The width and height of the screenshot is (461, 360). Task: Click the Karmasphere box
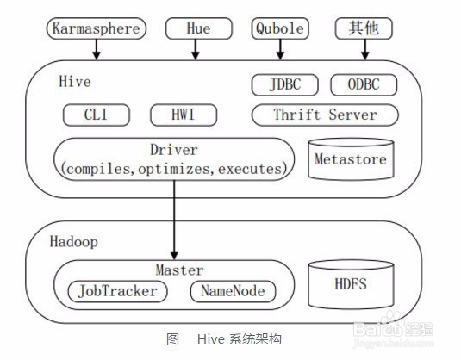point(97,28)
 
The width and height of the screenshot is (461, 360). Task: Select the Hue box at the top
point(199,28)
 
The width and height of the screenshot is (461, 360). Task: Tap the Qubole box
point(280,28)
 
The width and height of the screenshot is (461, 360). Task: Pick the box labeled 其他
point(364,28)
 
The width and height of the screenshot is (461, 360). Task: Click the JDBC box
point(285,85)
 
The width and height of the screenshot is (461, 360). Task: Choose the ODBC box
point(364,85)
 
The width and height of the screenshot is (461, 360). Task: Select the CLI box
point(97,115)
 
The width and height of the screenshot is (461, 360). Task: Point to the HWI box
point(184,115)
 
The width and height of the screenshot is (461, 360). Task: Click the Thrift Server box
point(325,115)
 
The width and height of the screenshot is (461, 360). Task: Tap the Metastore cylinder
point(351,159)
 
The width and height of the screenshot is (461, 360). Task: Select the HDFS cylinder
point(351,284)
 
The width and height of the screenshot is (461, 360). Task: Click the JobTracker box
point(117,291)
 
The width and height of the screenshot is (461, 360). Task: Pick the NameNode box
point(234,291)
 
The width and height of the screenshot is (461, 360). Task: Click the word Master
point(179,270)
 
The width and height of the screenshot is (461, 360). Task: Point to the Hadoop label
point(74,242)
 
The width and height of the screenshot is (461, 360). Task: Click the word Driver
point(174,150)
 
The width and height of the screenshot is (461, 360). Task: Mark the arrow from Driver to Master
point(174,220)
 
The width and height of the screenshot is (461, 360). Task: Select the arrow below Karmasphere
point(97,49)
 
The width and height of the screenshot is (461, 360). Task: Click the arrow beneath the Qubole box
point(280,49)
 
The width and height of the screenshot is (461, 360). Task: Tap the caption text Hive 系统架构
point(240,339)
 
